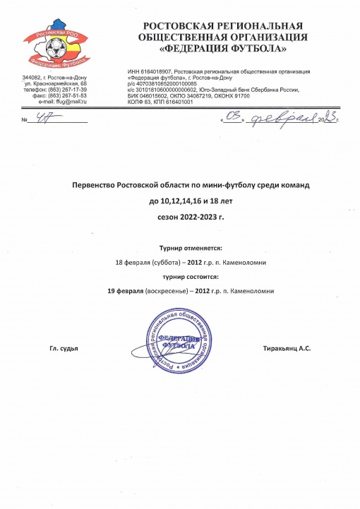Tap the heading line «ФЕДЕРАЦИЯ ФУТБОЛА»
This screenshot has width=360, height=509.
point(224,49)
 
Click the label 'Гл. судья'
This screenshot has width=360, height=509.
point(63,349)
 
